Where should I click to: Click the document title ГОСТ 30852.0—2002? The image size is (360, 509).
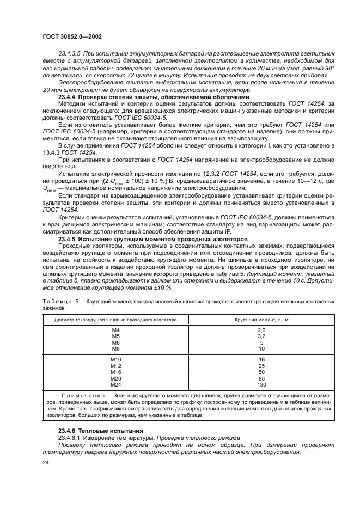pos(72,37)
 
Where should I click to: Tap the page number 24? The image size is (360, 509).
pos(45,463)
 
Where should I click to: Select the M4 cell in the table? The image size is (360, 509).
pos(115,330)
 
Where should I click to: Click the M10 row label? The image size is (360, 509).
pos(115,360)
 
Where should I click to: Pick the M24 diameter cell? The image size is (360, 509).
pos(115,384)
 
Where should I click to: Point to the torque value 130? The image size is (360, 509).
pos(261,384)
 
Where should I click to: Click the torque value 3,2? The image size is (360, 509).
pos(261,336)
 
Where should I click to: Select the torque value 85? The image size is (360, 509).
pos(261,378)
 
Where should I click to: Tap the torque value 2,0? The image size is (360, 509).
pos(261,330)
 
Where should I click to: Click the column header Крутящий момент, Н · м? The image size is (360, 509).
pos(261,319)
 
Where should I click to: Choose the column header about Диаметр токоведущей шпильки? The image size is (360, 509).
pos(115,319)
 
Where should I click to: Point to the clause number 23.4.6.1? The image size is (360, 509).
pos(71,437)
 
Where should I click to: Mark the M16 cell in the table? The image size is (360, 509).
pos(115,372)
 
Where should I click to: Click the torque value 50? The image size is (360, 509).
pos(261,372)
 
